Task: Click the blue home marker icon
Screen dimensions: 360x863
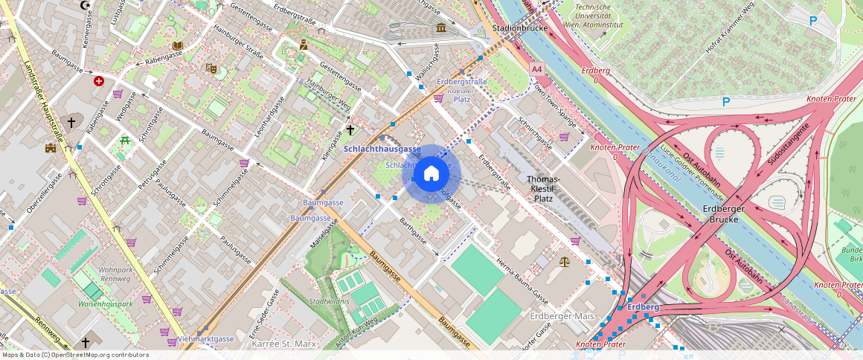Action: (x=431, y=174)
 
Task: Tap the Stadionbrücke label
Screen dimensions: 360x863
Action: (x=520, y=28)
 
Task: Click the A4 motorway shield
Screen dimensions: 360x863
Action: (x=536, y=68)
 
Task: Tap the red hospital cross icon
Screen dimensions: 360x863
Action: (x=98, y=80)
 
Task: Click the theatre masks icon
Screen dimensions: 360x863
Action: (x=211, y=68)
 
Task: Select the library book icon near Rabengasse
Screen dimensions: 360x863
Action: (x=177, y=46)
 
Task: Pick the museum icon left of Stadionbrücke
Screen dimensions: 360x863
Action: (x=441, y=28)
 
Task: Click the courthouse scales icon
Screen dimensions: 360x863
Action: (x=563, y=262)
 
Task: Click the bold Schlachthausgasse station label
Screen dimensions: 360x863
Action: (x=382, y=150)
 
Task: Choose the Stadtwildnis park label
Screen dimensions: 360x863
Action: (x=330, y=301)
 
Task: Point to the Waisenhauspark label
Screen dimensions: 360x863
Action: (x=105, y=304)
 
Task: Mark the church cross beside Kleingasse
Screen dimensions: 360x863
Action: (x=350, y=130)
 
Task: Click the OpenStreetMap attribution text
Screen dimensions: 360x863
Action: (x=76, y=355)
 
